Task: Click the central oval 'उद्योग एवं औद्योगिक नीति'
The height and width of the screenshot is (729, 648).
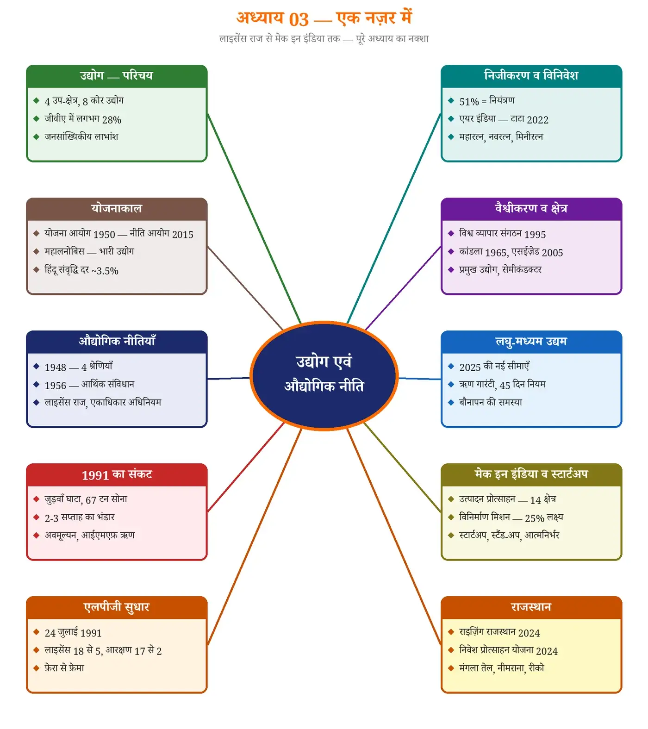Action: [x=324, y=376]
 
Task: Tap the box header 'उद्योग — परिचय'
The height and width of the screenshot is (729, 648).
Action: [x=117, y=76]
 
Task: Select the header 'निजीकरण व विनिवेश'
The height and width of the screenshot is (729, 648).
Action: [x=531, y=76]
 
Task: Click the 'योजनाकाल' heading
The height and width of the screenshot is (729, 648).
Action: [x=117, y=209]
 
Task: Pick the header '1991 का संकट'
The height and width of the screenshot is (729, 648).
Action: [x=117, y=474]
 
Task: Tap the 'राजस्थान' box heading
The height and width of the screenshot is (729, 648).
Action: [x=531, y=607]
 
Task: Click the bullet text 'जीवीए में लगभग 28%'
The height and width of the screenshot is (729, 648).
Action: [x=83, y=119]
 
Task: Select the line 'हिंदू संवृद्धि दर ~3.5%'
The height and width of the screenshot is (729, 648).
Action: [x=81, y=270]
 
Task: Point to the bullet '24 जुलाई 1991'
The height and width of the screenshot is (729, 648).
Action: [x=73, y=633]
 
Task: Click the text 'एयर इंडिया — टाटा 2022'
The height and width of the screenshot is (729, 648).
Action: [x=504, y=119]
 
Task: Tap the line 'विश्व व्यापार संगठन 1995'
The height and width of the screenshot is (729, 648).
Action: [x=503, y=234]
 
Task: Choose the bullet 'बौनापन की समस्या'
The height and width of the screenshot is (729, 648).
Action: [x=491, y=402]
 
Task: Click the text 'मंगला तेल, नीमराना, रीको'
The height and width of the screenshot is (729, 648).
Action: [x=502, y=668]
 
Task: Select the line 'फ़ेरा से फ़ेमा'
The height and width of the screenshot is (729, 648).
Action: [x=64, y=668]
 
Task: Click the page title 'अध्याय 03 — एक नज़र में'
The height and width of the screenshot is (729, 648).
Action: [x=324, y=19]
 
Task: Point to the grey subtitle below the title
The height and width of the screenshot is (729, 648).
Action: [x=324, y=38]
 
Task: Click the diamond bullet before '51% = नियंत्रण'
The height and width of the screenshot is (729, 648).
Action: [x=451, y=101]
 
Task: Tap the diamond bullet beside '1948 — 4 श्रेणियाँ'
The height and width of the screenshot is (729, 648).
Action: [x=36, y=367]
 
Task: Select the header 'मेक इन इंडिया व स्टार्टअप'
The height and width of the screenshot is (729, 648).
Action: [x=531, y=474]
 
